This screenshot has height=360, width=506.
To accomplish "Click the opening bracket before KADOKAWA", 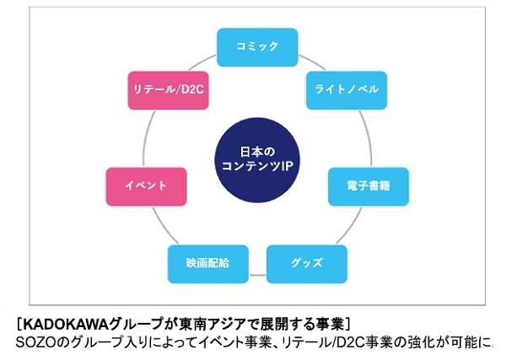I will (19, 324).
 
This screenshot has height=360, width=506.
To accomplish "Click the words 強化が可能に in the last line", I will (452, 342).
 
